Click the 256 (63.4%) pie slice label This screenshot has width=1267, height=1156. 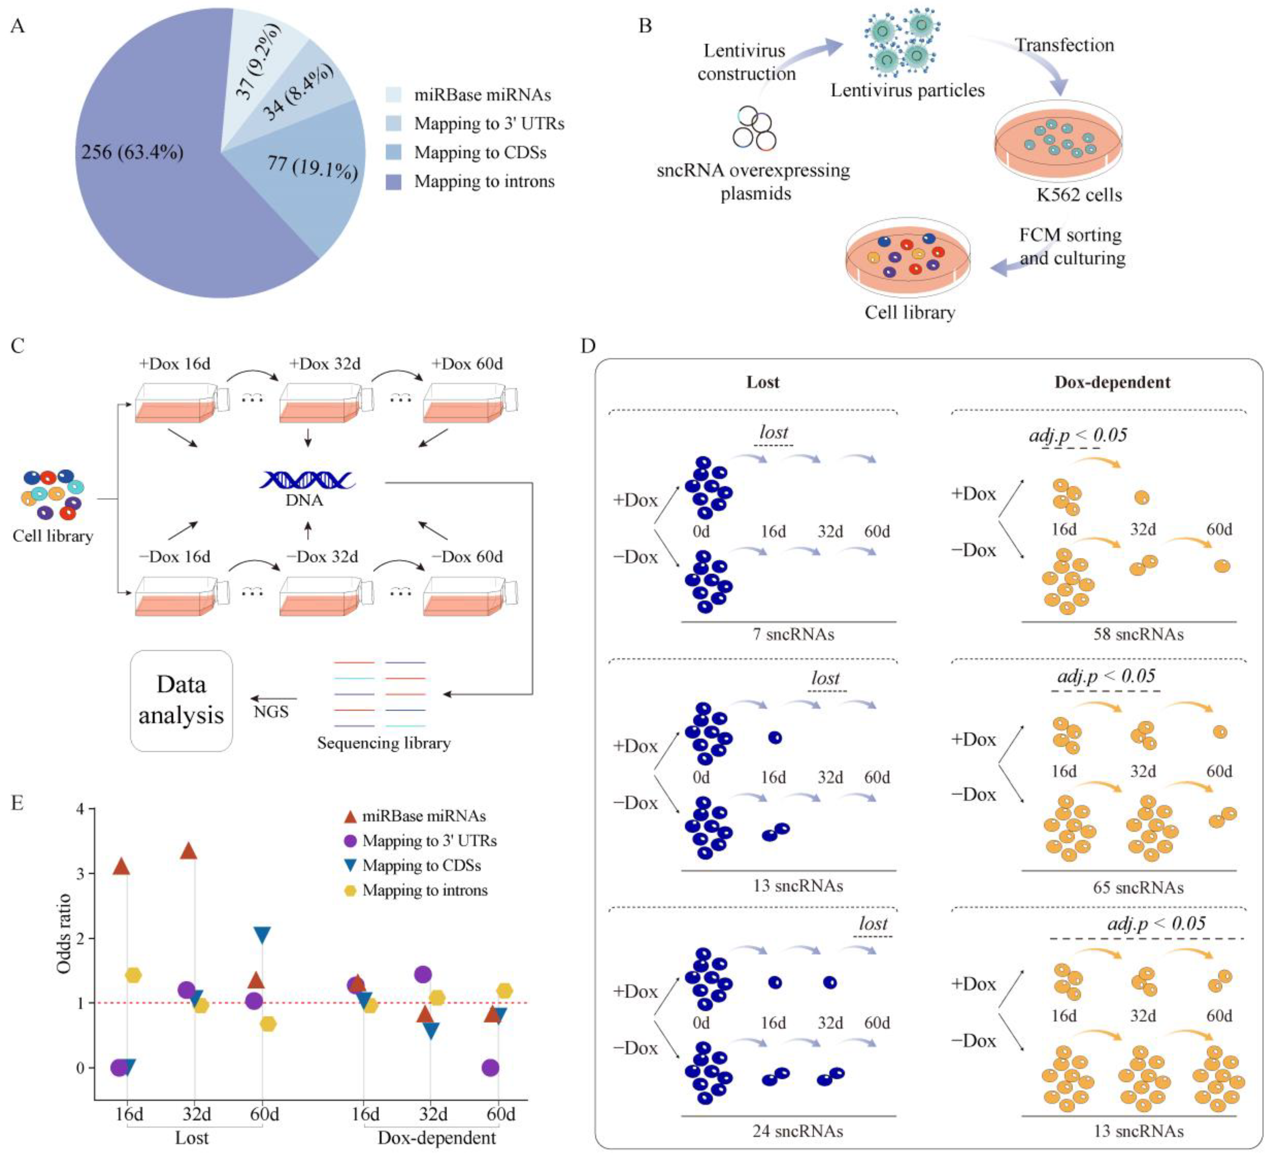point(132,152)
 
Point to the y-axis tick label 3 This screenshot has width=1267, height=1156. point(80,874)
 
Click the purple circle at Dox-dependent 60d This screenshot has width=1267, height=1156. point(491,1067)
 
